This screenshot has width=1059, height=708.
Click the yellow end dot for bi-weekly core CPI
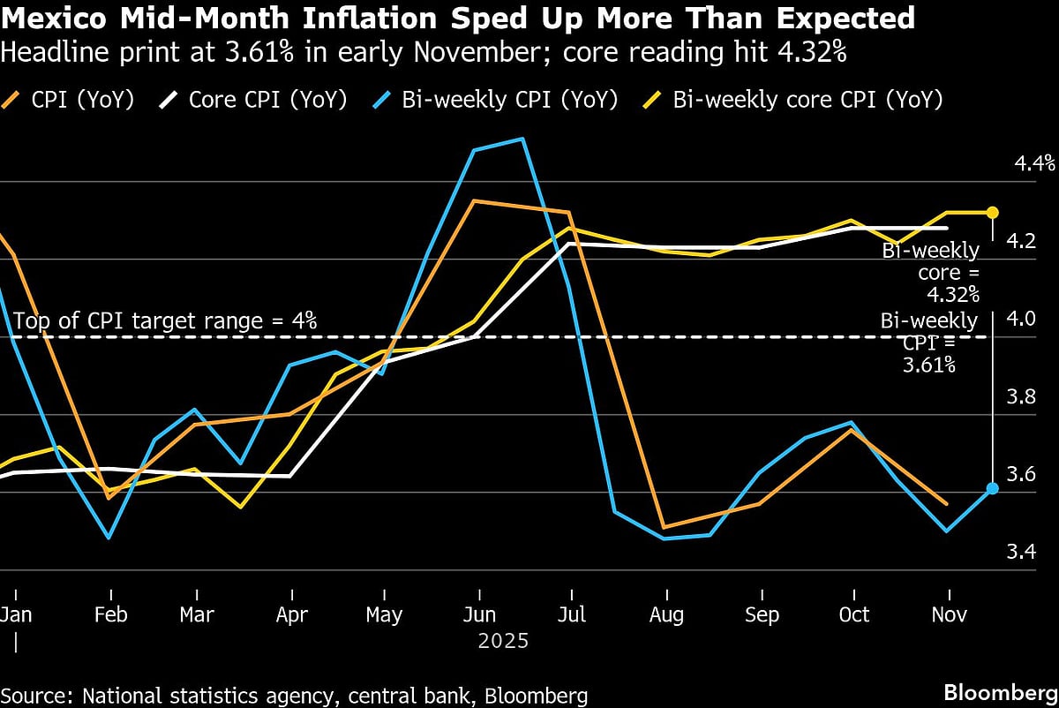pos(992,212)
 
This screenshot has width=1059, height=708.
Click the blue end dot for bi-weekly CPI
pos(992,488)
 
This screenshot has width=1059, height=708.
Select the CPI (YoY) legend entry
pos(79,100)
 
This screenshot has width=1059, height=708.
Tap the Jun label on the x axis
pos(478,614)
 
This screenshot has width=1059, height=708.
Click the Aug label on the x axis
pos(667,614)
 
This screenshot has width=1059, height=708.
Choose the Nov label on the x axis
pos(948,614)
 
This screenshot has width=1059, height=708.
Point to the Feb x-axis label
pos(110,614)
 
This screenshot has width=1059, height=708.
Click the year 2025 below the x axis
pos(503,641)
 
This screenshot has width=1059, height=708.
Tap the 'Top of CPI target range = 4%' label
pos(164,320)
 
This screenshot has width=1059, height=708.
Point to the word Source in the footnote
pos(37,695)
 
